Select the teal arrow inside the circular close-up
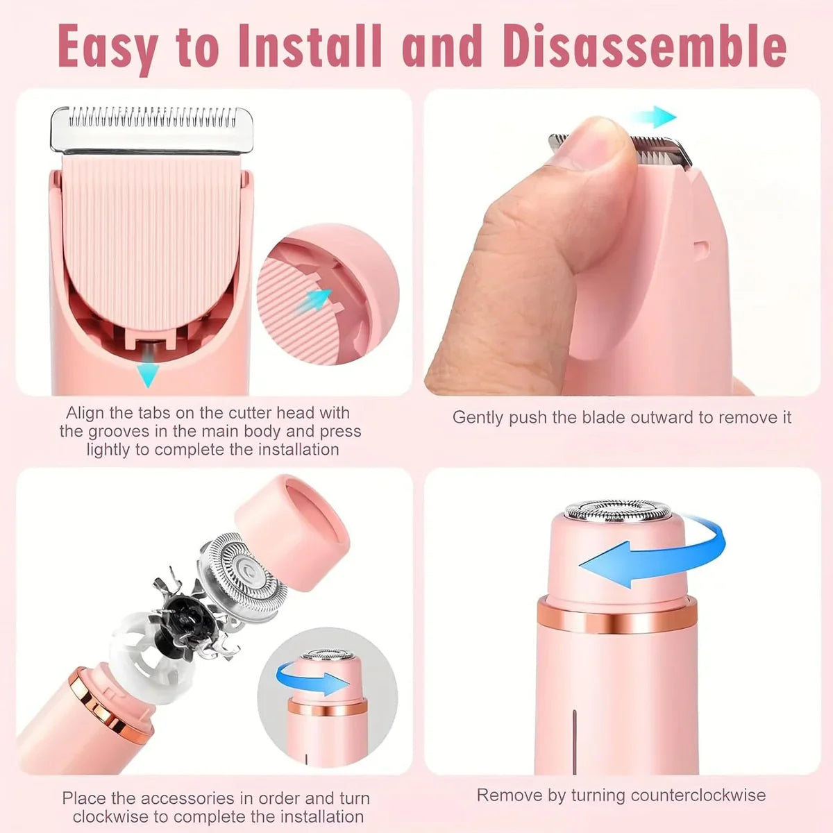point(317,300)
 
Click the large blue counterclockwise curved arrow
point(653,552)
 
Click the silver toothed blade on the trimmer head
point(151,129)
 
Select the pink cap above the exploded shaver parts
point(292,517)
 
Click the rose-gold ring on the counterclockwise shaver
point(616,616)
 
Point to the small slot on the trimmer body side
point(701,246)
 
